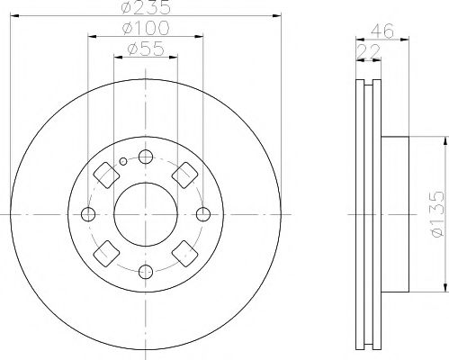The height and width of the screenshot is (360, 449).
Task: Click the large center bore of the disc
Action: coord(146,213)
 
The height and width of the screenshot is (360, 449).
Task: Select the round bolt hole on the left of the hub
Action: coord(88,213)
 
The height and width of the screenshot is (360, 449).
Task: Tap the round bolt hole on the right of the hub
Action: coord(203,213)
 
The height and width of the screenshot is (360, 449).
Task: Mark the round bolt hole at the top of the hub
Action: coord(146,156)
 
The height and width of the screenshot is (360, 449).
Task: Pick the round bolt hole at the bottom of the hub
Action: coord(146,271)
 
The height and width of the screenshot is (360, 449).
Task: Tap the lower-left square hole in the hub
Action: coord(105,254)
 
